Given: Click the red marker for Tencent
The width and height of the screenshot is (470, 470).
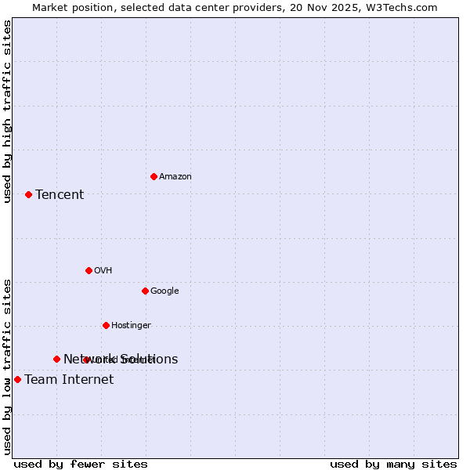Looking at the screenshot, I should [28, 194].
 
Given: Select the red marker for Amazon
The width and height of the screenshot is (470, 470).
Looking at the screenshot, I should [154, 176].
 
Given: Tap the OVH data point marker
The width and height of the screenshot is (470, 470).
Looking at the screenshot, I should [89, 270].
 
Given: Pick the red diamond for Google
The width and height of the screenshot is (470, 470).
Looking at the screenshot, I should [145, 291].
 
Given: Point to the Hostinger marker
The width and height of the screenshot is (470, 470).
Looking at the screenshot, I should [106, 325].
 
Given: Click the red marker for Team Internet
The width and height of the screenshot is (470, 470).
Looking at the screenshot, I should [17, 379].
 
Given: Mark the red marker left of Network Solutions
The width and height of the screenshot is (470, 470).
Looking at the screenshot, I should [56, 359].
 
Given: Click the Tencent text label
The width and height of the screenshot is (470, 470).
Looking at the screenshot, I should [60, 195].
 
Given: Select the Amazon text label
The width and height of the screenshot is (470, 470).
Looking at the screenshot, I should [175, 177].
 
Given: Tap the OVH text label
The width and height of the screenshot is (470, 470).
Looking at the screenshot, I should [103, 271].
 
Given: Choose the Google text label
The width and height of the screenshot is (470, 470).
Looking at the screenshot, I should [164, 291].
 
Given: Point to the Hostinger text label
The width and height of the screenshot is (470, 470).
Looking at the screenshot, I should [131, 326].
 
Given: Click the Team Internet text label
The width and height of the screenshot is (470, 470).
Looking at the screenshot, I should [69, 380].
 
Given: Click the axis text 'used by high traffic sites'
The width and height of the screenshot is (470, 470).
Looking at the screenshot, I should [8, 111].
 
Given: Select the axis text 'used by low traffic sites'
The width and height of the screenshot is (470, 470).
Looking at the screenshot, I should [8, 367].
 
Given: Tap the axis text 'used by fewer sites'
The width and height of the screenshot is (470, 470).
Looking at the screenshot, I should [81, 465].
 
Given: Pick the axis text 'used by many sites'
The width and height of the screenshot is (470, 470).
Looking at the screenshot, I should [393, 465].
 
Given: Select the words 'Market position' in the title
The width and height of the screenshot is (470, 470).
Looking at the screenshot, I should [68, 7].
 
